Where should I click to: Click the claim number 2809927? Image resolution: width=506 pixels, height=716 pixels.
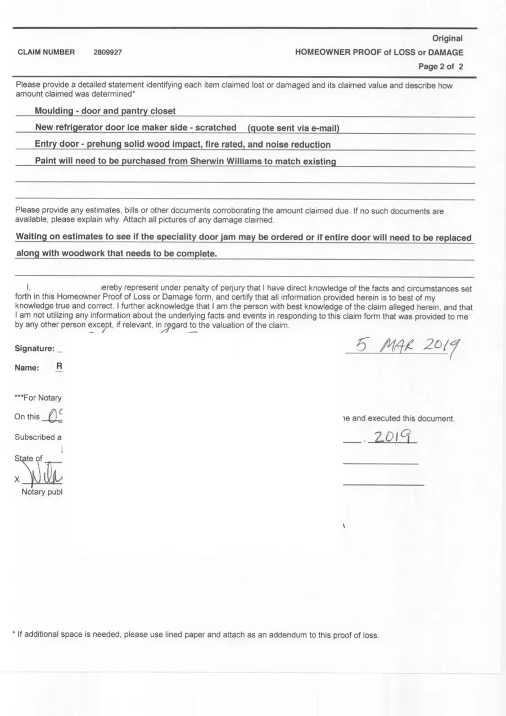[108, 52]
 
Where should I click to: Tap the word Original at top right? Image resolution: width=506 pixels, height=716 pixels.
[447, 38]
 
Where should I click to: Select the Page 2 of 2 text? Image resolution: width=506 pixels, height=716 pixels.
[440, 66]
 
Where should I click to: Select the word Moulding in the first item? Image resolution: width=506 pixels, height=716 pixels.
[54, 111]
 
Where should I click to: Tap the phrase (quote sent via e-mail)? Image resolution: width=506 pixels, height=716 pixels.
[292, 128]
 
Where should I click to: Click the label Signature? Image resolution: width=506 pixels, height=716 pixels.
[34, 348]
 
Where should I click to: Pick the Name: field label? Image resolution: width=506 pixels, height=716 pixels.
[27, 368]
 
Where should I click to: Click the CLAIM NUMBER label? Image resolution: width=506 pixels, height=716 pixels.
[46, 52]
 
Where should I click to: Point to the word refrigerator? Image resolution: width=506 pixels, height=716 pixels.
[82, 128]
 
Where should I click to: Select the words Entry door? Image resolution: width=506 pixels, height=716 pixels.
[56, 145]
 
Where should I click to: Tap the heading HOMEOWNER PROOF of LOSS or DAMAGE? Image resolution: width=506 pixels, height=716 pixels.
[379, 52]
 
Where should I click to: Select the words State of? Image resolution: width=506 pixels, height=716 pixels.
[29, 458]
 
